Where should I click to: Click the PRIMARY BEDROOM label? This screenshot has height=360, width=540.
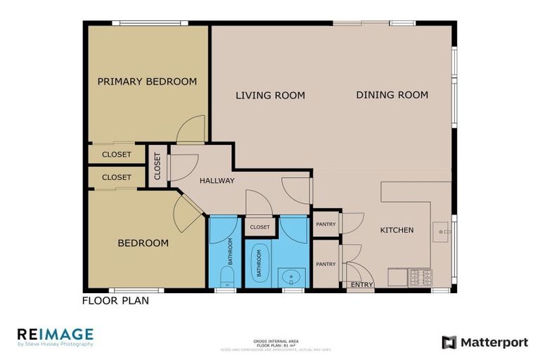point(147,82)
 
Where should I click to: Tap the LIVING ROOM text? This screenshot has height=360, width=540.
point(270,96)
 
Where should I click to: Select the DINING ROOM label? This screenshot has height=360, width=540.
point(392,95)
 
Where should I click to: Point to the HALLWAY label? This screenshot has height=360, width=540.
point(217,181)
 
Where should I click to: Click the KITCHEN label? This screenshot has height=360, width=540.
point(397,231)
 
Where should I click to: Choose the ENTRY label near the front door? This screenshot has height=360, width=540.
point(361,285)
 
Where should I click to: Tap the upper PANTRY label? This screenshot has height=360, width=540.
point(326,225)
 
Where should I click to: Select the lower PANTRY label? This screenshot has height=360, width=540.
point(326,264)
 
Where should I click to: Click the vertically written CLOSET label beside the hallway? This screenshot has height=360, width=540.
point(157,167)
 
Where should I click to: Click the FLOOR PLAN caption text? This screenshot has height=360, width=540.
point(115,301)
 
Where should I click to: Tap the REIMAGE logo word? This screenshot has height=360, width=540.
point(55,334)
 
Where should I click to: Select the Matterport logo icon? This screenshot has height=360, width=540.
point(449,342)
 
